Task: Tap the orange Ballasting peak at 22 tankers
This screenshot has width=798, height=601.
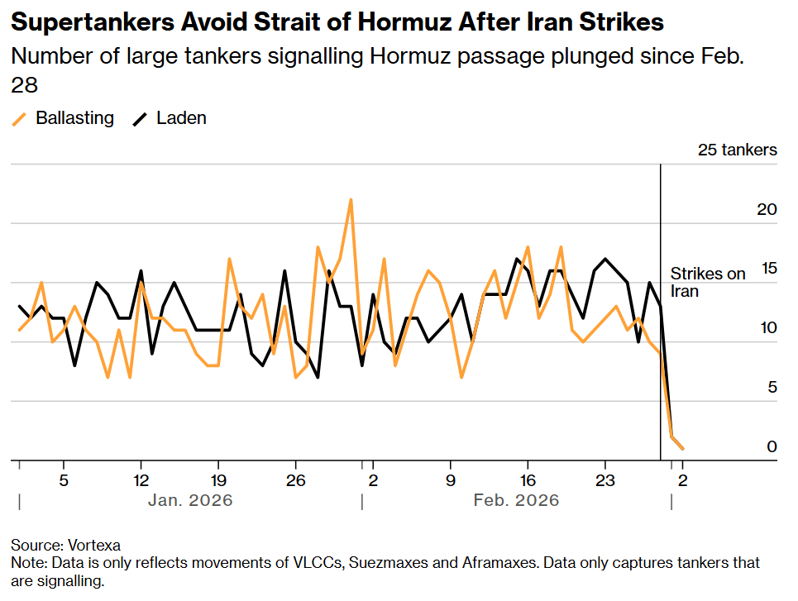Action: click(351, 200)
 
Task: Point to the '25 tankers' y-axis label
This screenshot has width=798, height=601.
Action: click(738, 150)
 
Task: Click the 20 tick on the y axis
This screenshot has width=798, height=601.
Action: click(767, 209)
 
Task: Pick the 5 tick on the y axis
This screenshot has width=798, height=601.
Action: click(772, 387)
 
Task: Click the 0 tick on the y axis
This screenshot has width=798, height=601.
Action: click(772, 446)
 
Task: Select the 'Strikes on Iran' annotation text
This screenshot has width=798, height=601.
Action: click(707, 282)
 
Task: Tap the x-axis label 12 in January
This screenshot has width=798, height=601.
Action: click(141, 479)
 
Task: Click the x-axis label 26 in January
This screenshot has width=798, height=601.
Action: click(295, 479)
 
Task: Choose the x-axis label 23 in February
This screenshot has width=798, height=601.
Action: click(604, 479)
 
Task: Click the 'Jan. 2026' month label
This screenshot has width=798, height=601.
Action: click(190, 500)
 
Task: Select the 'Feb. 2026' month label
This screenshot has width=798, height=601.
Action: click(516, 500)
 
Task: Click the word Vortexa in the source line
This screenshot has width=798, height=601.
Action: click(93, 546)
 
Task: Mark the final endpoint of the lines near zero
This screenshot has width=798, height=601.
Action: click(682, 448)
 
